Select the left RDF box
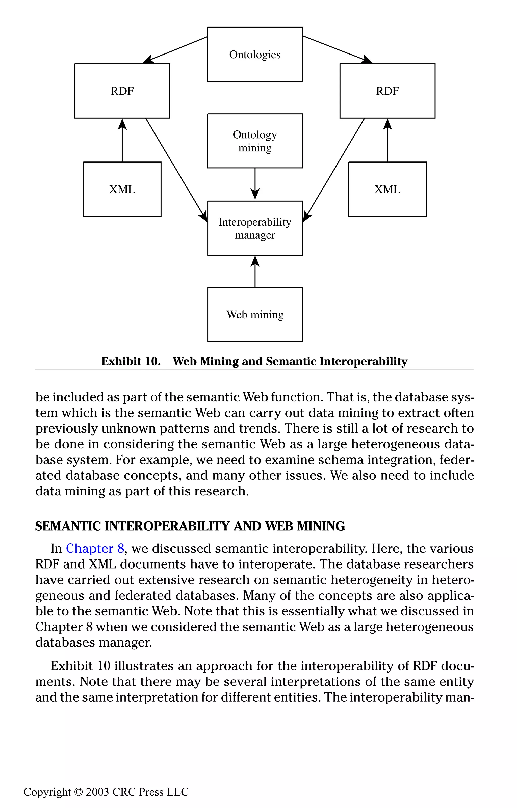pos(122,91)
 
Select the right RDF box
pos(387,91)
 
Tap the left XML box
pos(122,189)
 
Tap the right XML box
pos(387,189)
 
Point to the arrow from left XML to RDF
pos(122,141)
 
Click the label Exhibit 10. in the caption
pos(131,361)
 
